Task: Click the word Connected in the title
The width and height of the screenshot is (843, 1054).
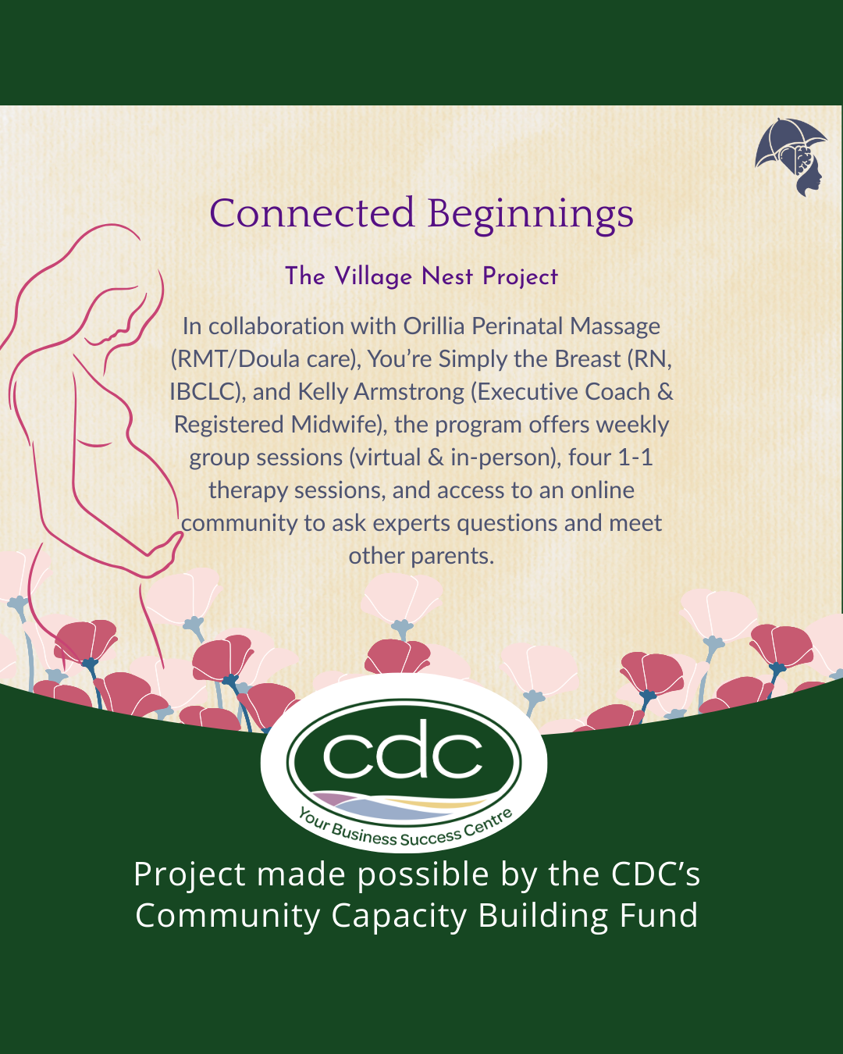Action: tap(311, 213)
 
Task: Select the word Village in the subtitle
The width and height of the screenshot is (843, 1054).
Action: tap(373, 276)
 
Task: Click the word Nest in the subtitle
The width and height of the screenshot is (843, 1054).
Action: tap(447, 276)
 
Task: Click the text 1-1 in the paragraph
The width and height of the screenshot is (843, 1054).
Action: tap(635, 458)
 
